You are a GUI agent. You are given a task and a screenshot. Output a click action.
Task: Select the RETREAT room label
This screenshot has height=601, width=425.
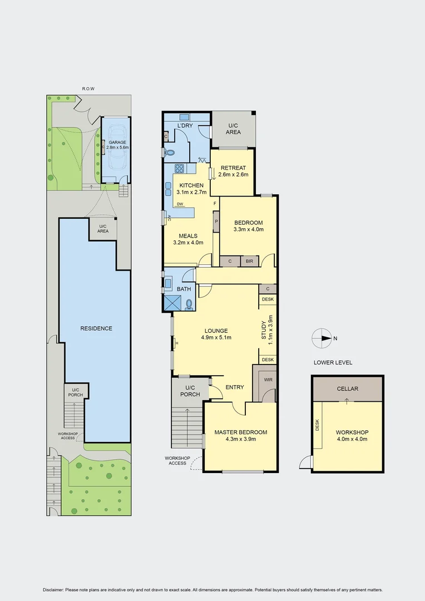click(x=233, y=169)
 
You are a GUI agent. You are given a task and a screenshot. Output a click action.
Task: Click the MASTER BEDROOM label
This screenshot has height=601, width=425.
click(x=240, y=432)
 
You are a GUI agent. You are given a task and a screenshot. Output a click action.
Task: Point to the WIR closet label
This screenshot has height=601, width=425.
click(x=268, y=380)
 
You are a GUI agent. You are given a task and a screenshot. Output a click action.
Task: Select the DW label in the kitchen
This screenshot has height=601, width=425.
click(x=180, y=204)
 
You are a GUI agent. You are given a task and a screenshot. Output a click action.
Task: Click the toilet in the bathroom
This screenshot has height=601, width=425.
click(x=189, y=304)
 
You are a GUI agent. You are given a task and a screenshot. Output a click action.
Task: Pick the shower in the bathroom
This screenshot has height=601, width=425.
click(x=172, y=302)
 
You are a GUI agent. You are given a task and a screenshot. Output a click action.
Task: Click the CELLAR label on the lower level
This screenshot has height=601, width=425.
click(x=347, y=389)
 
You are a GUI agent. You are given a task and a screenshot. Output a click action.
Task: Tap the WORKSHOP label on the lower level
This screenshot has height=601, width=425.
click(x=352, y=432)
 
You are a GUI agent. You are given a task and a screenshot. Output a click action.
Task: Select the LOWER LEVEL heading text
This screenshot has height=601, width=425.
click(x=333, y=362)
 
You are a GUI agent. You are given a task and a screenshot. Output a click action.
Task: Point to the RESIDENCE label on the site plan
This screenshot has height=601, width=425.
click(x=96, y=328)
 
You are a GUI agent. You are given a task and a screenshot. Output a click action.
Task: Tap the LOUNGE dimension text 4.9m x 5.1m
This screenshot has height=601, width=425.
click(x=216, y=337)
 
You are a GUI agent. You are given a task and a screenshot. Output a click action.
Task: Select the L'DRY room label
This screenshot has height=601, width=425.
click(x=184, y=126)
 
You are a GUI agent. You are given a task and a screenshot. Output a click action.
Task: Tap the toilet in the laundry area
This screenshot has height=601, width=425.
click(x=169, y=151)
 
